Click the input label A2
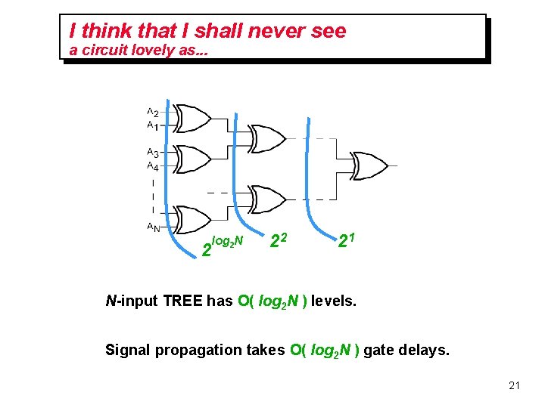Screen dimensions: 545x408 pos(152,113)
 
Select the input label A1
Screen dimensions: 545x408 pos(152,125)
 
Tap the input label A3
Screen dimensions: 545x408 pos(152,153)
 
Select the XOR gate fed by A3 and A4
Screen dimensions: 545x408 pos(192,159)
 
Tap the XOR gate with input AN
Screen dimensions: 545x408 pos(192,220)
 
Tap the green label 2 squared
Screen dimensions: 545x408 pos(278,242)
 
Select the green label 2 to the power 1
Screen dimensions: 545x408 pos(347,242)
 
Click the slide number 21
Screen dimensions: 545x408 pos(514,386)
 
